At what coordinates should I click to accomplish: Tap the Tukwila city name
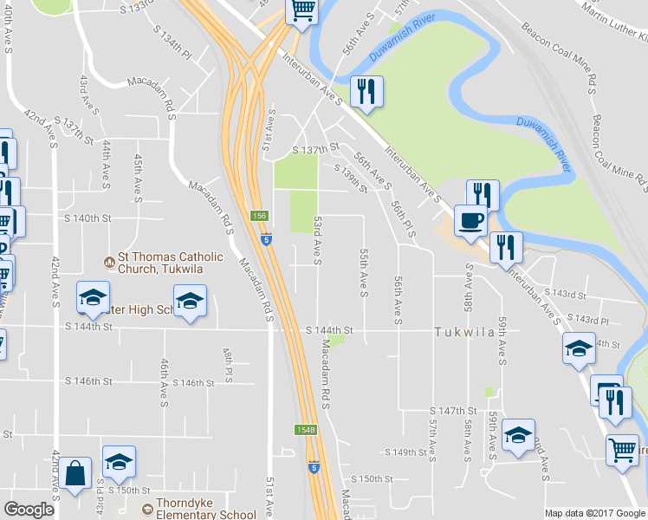click(x=466, y=332)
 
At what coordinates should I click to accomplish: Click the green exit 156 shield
click(x=259, y=215)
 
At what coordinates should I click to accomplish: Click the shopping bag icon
click(x=75, y=473)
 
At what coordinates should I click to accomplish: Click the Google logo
click(x=29, y=510)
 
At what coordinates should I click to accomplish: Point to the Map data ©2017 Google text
click(x=594, y=513)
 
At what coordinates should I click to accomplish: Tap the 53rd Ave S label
click(x=318, y=241)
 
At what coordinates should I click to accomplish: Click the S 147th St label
click(x=454, y=410)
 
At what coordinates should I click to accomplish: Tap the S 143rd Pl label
click(x=591, y=321)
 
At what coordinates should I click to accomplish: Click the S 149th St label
click(x=411, y=452)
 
